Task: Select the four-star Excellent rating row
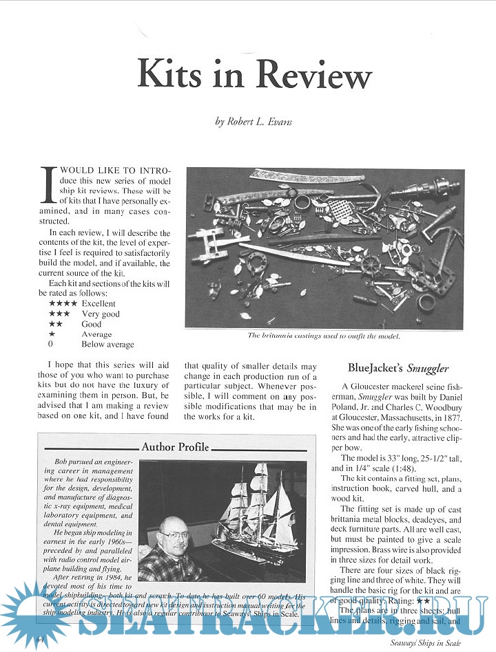click(83, 303)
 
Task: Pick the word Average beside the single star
click(96, 334)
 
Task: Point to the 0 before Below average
click(51, 344)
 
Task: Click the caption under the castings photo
click(324, 336)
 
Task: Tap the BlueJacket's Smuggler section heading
click(398, 369)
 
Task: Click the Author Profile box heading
click(175, 447)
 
